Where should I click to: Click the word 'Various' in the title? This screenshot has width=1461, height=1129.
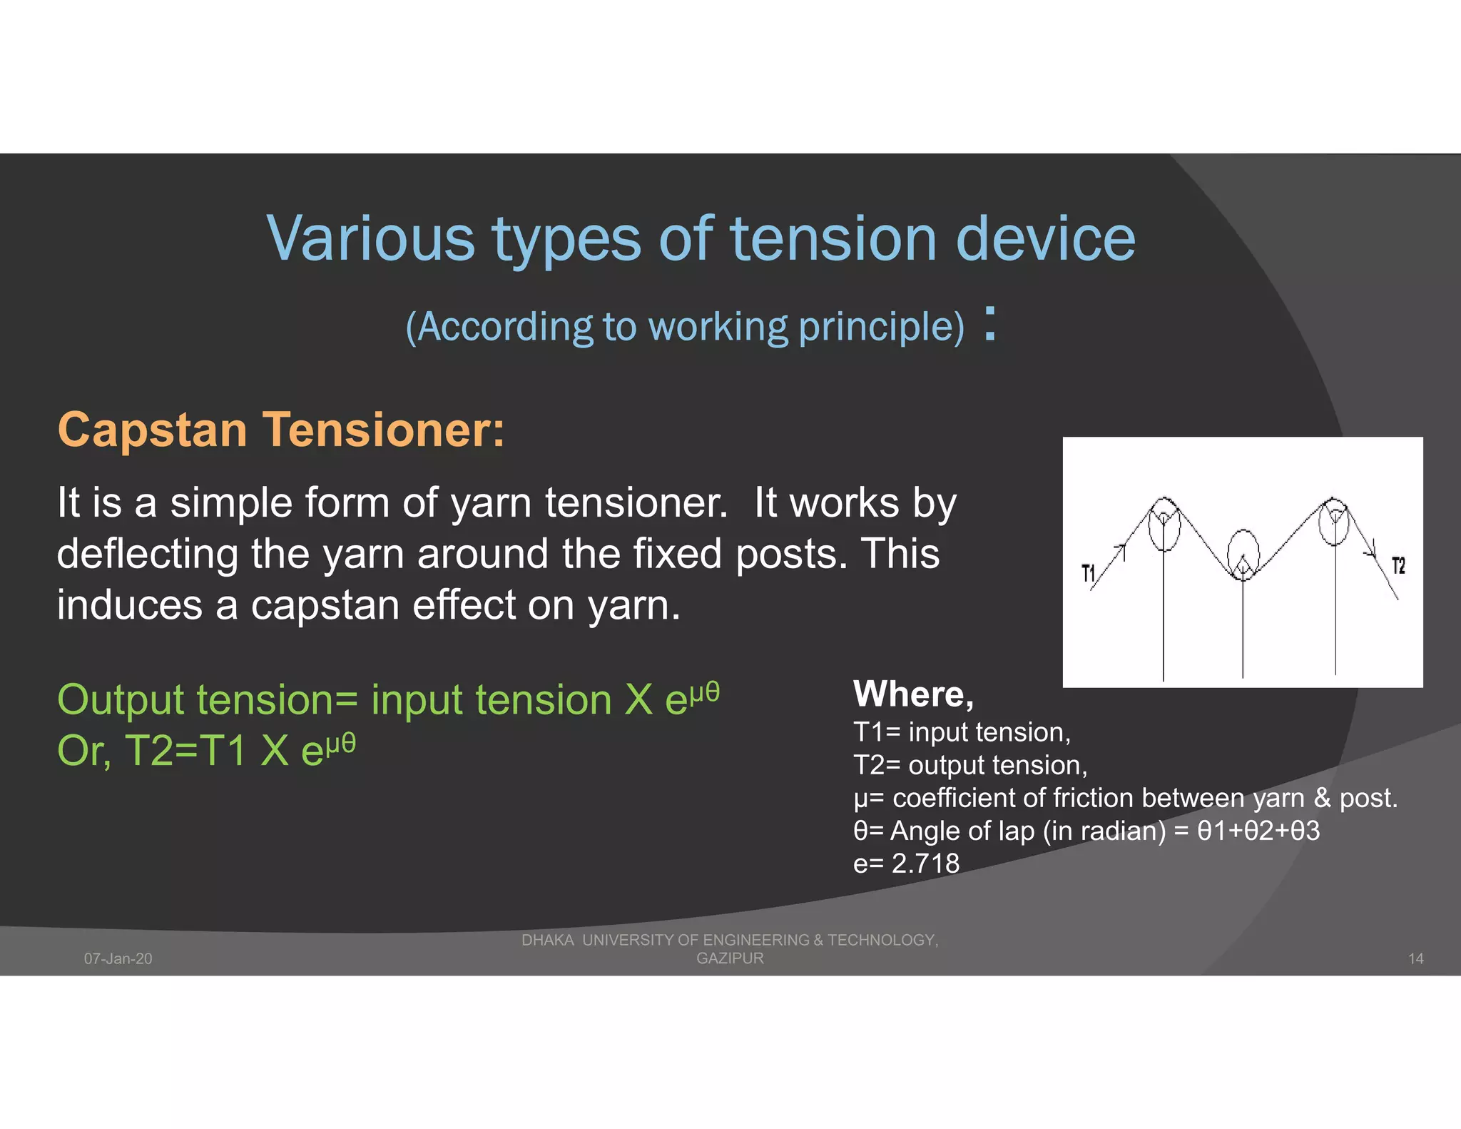click(370, 238)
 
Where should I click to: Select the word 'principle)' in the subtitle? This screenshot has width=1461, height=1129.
click(881, 328)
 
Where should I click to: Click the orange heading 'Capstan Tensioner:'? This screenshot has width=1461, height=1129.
click(281, 430)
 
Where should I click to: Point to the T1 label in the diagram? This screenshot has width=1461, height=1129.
click(1088, 573)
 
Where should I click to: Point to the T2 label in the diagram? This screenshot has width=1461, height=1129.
click(1398, 567)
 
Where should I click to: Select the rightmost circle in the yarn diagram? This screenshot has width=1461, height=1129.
click(1334, 522)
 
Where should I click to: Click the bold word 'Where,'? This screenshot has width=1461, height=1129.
click(913, 694)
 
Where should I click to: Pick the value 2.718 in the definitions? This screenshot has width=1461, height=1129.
click(925, 864)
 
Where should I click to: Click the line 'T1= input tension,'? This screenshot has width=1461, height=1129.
click(962, 733)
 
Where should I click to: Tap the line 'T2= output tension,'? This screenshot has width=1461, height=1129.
click(970, 766)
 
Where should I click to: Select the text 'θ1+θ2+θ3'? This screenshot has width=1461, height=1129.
click(1258, 831)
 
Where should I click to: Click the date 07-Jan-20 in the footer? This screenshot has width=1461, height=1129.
click(118, 958)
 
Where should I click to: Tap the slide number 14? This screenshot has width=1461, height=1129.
click(1415, 958)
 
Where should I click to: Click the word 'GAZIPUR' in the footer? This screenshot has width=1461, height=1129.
click(730, 958)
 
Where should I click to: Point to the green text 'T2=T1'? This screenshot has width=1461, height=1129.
click(185, 751)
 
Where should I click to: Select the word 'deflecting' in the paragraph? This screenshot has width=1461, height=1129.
click(147, 555)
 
